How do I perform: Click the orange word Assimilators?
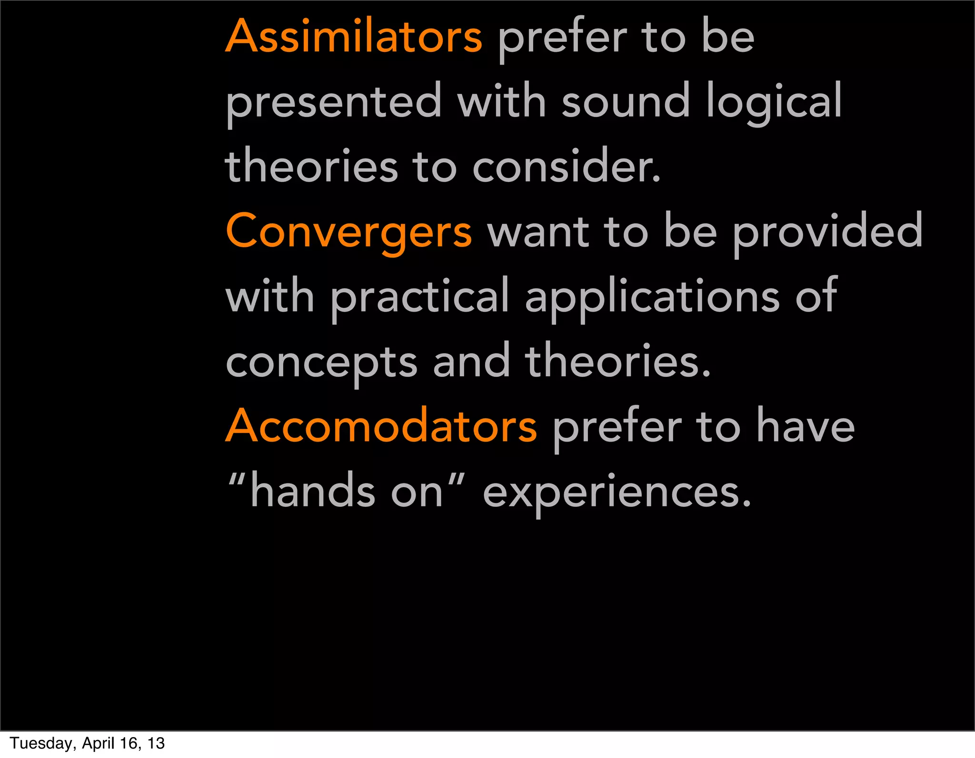click(x=354, y=37)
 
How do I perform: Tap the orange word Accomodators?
click(x=381, y=426)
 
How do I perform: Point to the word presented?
click(x=334, y=102)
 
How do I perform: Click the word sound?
click(x=626, y=101)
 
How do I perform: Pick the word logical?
click(x=774, y=102)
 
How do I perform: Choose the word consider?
click(x=567, y=167)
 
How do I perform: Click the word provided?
click(x=827, y=232)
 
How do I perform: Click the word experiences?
click(x=617, y=493)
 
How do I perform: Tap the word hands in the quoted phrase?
click(x=312, y=492)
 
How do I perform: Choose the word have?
click(x=806, y=426)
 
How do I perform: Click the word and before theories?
click(x=471, y=362)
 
